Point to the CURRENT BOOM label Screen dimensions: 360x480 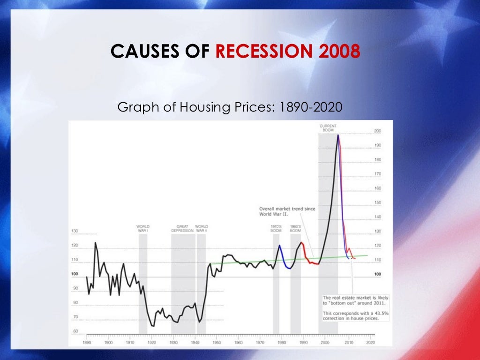pos(328,127)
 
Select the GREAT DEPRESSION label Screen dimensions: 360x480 pos(183,228)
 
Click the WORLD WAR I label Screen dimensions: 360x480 pos(143,228)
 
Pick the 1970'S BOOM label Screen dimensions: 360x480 pos(276,228)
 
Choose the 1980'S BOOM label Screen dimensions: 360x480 pos(295,228)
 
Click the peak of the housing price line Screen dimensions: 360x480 pos(338,135)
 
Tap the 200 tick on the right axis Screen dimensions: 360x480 pos(377,131)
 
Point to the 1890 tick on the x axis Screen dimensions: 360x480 pos(87,343)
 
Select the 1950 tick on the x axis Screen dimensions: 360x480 pos(217,343)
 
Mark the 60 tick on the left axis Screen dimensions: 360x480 pos(75,331)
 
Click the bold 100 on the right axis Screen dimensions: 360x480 pos(377,274)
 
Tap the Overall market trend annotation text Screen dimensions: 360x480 pos(287,211)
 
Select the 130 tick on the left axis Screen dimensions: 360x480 pos(75,231)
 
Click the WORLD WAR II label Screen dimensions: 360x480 pos(202,228)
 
